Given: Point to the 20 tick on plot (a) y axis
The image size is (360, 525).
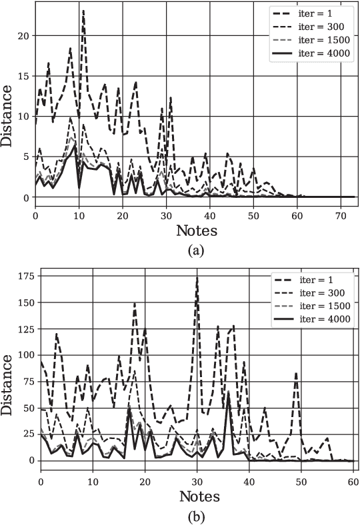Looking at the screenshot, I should (x=26, y=35).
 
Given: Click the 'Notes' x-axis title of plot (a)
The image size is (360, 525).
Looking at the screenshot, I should (x=197, y=231).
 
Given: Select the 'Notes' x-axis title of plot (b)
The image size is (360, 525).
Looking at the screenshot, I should (x=199, y=496).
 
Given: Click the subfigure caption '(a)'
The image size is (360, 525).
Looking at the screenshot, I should (x=197, y=251).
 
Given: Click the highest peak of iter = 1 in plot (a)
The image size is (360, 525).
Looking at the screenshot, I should (x=83, y=11).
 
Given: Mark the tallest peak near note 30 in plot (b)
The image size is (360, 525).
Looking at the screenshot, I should (x=197, y=276).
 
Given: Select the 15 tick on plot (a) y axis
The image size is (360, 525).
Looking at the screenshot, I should (x=26, y=76).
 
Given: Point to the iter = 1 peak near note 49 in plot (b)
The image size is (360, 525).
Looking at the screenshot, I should (x=296, y=373).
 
